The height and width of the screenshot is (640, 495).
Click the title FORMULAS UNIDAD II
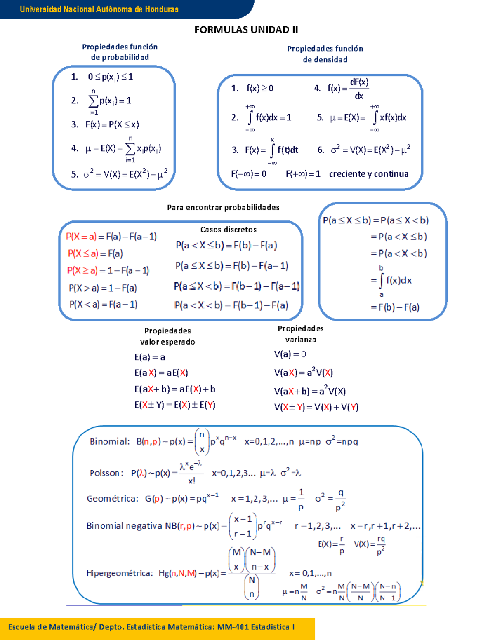[x=246, y=30]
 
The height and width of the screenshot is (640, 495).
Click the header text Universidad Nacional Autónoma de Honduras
[x=99, y=9]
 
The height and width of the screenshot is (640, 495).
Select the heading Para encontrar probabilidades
[x=223, y=207]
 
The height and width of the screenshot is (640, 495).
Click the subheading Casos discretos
[x=229, y=230]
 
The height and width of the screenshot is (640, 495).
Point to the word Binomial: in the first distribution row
[x=110, y=441]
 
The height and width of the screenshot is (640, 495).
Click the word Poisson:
[x=106, y=473]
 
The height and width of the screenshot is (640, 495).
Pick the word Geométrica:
[x=112, y=499]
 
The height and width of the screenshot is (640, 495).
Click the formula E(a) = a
[x=150, y=357]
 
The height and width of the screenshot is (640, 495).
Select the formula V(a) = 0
[x=290, y=354]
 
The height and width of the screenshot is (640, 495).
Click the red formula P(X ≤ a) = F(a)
[x=95, y=253]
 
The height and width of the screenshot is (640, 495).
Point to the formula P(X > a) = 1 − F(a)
[x=103, y=288]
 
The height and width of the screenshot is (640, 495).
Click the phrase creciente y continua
[x=369, y=174]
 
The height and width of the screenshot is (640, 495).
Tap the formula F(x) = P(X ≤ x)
[x=112, y=124]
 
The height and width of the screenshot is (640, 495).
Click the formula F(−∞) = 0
[x=249, y=174]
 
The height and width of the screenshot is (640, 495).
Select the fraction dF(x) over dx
[x=359, y=89]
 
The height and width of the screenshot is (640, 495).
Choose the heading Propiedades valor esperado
[x=167, y=336]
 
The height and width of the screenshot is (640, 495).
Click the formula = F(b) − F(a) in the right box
[x=395, y=307]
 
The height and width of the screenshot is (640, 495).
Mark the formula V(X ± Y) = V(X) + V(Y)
[x=316, y=407]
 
